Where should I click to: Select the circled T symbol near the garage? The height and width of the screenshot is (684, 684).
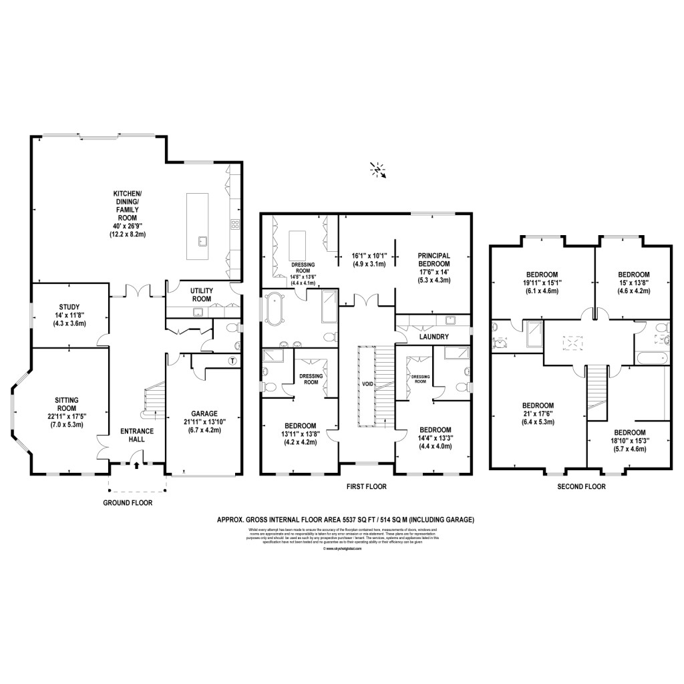pyautogui.click(x=232, y=361)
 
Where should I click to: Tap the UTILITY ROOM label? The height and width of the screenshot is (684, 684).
pyautogui.click(x=201, y=295)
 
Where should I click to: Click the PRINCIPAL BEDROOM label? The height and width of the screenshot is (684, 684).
pyautogui.click(x=434, y=259)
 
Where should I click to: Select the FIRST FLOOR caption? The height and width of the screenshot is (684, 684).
pyautogui.click(x=366, y=487)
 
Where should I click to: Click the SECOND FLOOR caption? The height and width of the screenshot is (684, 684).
pyautogui.click(x=581, y=487)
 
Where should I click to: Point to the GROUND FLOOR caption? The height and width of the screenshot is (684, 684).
pyautogui.click(x=128, y=502)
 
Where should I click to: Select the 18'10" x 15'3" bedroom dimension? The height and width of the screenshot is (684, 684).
pyautogui.click(x=629, y=441)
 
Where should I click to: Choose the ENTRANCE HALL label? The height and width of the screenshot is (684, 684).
pyautogui.click(x=133, y=435)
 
